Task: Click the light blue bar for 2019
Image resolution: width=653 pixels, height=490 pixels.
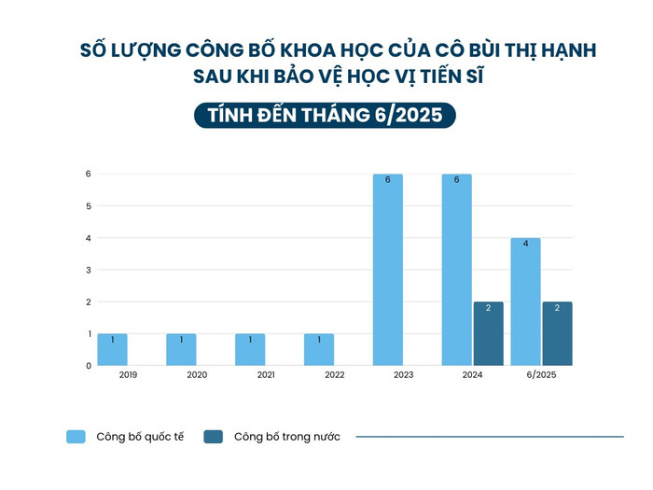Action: click(112, 349)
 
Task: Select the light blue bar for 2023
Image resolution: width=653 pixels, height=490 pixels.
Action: click(387, 270)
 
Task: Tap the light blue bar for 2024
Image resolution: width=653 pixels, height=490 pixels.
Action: click(456, 270)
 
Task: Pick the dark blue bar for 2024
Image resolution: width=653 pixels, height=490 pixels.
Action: click(488, 333)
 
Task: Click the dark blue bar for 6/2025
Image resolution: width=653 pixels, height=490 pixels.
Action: click(557, 333)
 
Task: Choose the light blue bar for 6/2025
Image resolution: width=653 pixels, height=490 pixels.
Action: click(525, 301)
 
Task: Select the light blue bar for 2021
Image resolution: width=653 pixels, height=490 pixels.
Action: click(250, 349)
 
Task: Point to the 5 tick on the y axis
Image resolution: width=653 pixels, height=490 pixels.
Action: click(88, 206)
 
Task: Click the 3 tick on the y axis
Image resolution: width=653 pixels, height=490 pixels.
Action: click(88, 270)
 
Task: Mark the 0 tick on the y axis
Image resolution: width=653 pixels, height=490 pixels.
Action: click(88, 366)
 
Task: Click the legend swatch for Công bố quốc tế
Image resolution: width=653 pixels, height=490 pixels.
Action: click(76, 436)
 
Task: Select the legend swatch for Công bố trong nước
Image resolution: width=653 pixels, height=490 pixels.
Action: click(214, 436)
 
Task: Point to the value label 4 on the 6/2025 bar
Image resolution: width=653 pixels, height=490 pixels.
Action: click(525, 244)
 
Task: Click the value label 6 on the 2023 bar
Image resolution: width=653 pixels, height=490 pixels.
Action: click(387, 179)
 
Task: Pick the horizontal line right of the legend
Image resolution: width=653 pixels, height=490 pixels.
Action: click(490, 436)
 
